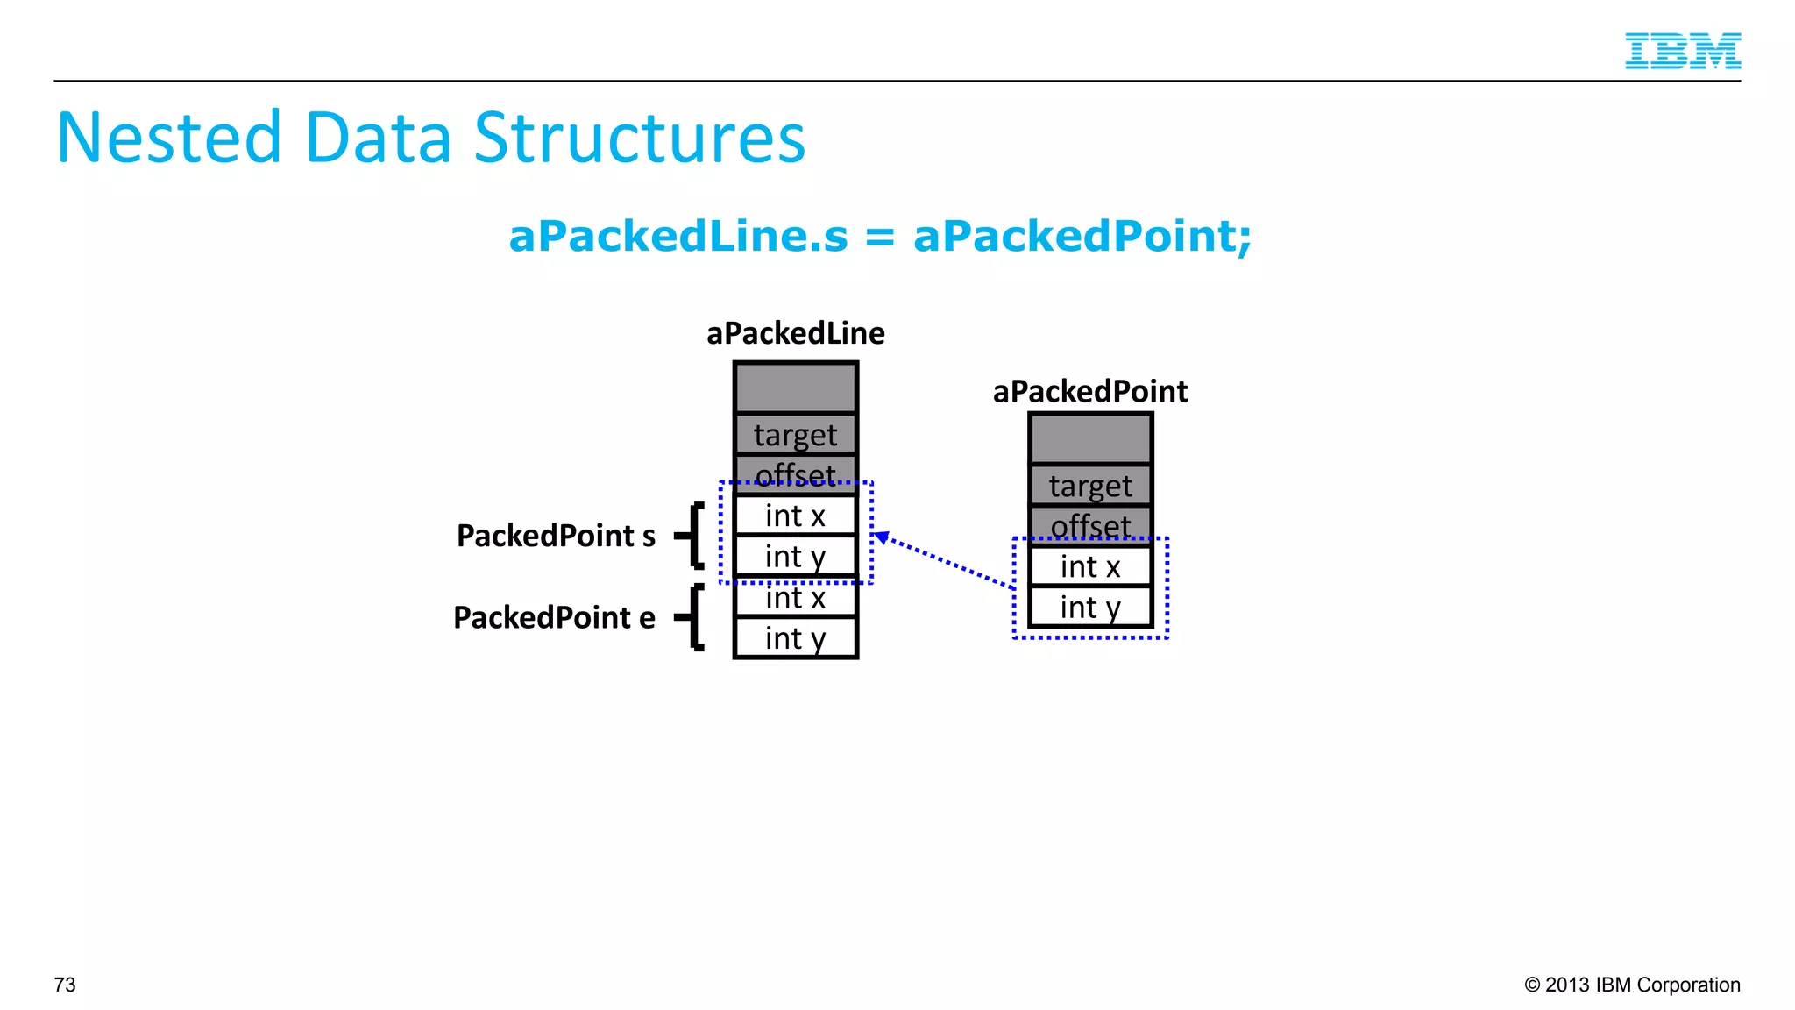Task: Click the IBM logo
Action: click(1682, 51)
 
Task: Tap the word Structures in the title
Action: click(639, 138)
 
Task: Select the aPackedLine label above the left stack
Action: click(795, 333)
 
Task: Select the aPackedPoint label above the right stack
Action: click(1089, 391)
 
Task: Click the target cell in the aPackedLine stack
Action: click(795, 435)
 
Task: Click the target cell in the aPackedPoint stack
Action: click(1089, 486)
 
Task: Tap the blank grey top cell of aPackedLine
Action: click(795, 388)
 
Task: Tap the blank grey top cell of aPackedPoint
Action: click(1089, 438)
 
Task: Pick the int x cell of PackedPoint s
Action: click(795, 516)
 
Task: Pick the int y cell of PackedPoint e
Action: click(795, 638)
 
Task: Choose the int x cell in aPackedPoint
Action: click(1089, 566)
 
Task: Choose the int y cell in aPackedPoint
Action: click(1089, 607)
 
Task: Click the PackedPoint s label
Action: click(556, 536)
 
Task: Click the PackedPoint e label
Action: click(554, 617)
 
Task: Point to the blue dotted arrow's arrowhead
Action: click(882, 537)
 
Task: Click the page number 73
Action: click(65, 985)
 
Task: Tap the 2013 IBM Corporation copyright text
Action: click(1632, 985)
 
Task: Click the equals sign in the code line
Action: click(880, 237)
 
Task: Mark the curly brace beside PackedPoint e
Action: click(693, 617)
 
